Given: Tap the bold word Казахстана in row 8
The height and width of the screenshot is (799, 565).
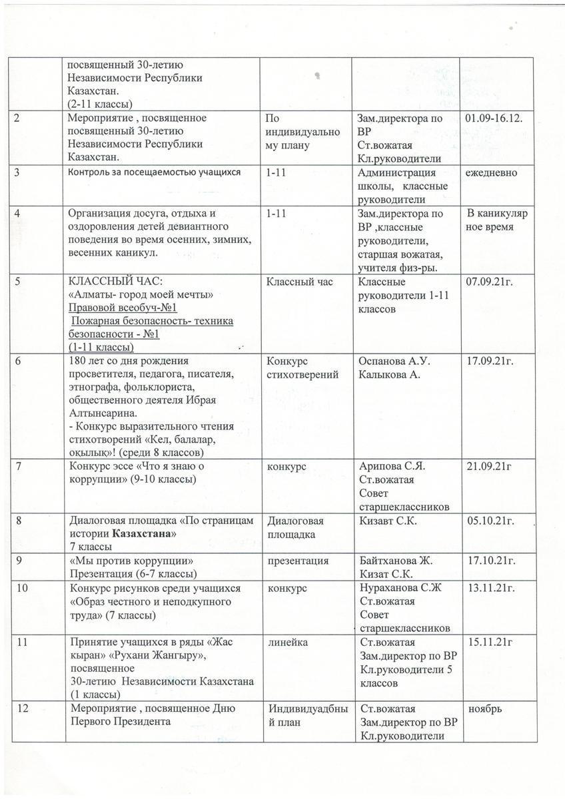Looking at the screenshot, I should click(x=143, y=534).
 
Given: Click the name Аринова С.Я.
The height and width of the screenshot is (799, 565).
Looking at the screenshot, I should click(x=392, y=466).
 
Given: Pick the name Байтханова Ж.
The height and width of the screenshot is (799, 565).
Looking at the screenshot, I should click(x=396, y=561).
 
